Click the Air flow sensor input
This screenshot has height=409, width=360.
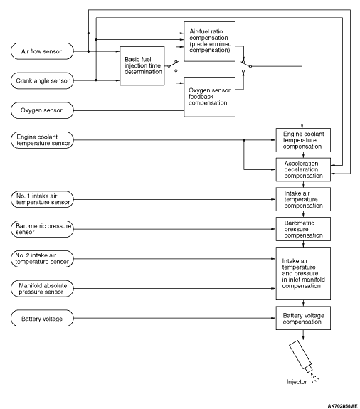[x=42, y=51]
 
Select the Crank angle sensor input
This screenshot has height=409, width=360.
[x=42, y=80]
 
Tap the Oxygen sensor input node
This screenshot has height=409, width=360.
[x=42, y=110]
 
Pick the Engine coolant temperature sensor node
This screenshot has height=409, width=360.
[x=42, y=140]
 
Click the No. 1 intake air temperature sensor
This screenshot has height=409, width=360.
[x=42, y=199]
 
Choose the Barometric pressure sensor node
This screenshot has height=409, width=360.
[x=42, y=229]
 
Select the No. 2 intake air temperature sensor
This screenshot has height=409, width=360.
[x=42, y=259]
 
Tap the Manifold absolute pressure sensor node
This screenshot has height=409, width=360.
[x=42, y=289]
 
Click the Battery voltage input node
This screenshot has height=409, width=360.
[x=42, y=318]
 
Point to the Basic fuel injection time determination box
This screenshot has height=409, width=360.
[x=142, y=65]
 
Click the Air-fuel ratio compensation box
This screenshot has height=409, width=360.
[x=209, y=41]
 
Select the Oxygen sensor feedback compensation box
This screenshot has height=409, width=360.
[x=209, y=97]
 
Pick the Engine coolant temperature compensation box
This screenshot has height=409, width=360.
[x=303, y=140]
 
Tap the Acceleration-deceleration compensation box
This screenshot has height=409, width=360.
[x=303, y=169]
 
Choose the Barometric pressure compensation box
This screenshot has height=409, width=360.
[x=303, y=229]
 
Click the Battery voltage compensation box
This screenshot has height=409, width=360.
[x=303, y=318]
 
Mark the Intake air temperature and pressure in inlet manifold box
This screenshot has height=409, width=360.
[x=303, y=273]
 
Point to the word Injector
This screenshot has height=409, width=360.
[x=297, y=382]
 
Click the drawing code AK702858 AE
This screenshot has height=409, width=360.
[x=342, y=406]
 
